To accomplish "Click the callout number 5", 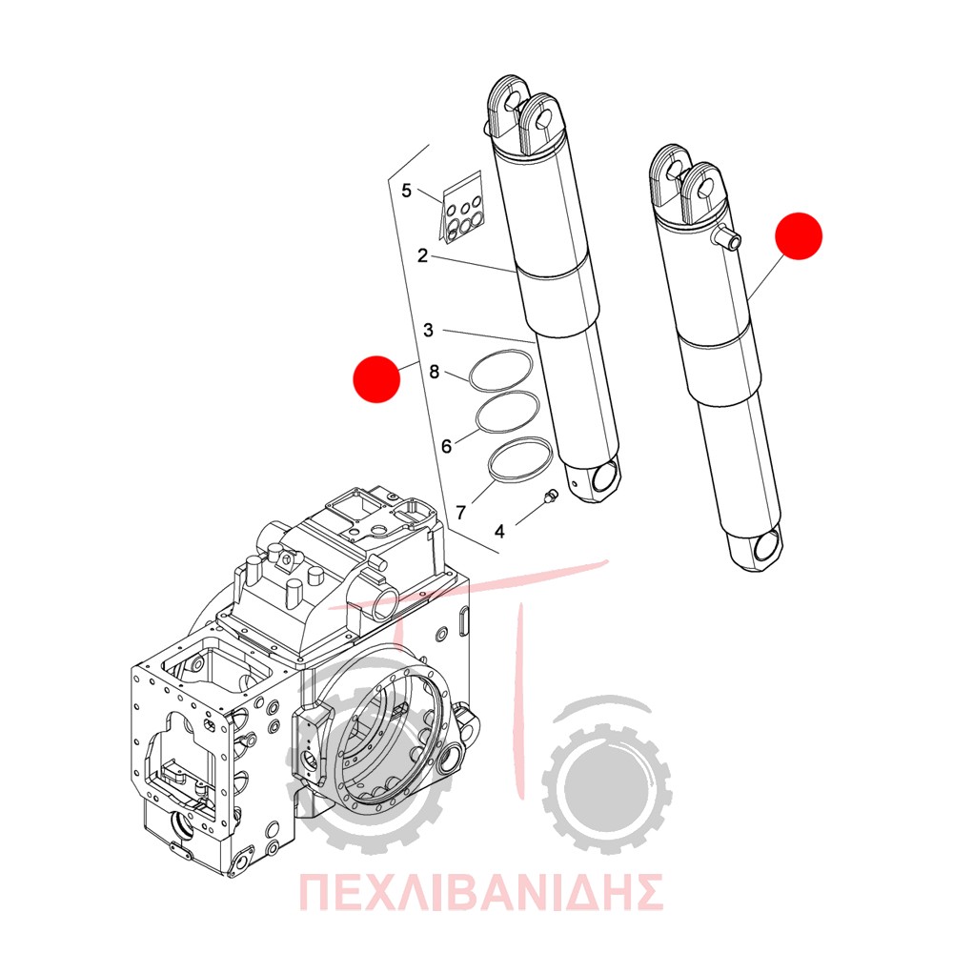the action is (407, 191).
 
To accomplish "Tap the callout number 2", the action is (422, 255).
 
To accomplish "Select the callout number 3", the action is (429, 330).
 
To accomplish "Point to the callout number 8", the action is (434, 372).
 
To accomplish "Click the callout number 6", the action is (447, 447).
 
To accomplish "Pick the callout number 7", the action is (460, 513).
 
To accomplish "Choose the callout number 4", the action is (499, 532).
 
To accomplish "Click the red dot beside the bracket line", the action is (376, 379).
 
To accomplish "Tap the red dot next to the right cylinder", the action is (799, 235).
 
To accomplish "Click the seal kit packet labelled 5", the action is (461, 209).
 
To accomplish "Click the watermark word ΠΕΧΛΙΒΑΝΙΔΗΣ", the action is (480, 892).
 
